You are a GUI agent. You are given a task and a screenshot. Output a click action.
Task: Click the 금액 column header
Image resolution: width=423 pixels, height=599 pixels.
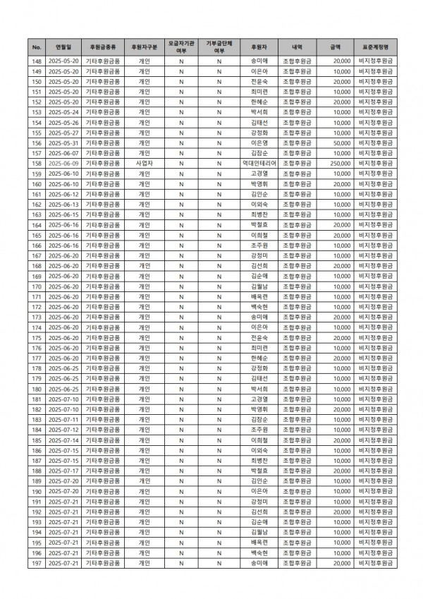pyautogui.click(x=334, y=47)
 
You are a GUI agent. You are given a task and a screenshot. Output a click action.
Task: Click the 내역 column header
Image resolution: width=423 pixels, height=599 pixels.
pyautogui.click(x=297, y=47)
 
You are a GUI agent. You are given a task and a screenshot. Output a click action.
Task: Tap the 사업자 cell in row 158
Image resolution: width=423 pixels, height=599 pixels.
pyautogui.click(x=144, y=163)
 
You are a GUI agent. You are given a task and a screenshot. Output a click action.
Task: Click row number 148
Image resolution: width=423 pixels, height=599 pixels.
pyautogui.click(x=36, y=61)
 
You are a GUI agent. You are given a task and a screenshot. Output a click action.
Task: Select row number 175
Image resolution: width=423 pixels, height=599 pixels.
pyautogui.click(x=36, y=338)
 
